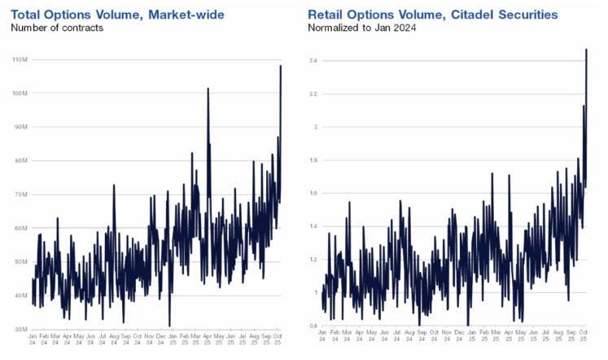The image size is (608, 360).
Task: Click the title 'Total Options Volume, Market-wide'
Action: point(117,14)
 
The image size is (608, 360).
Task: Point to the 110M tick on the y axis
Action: point(20,60)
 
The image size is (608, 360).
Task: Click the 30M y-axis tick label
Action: point(20,328)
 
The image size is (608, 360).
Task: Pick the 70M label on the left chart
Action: point(20,195)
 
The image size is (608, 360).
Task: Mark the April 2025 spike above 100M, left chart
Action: point(208,89)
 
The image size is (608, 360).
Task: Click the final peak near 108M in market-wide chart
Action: point(281,67)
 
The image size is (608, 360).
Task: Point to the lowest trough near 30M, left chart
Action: point(169,325)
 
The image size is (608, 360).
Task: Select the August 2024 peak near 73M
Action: point(113,186)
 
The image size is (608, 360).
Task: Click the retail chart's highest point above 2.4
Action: point(586,50)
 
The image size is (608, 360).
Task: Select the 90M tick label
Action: point(20,127)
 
